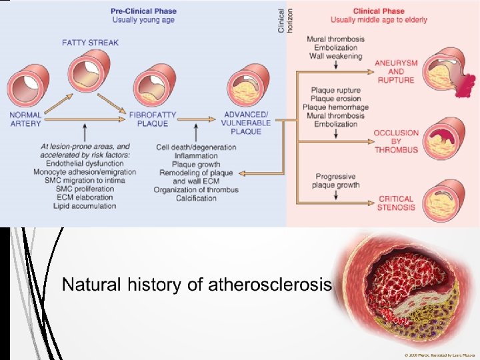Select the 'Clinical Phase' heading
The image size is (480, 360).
378,11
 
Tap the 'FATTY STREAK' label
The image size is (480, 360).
91,43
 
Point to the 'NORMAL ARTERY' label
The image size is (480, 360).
25,119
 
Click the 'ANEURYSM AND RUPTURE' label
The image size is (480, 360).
396,71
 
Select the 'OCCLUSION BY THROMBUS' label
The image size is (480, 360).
396,141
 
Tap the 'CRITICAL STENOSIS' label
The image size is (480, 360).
396,203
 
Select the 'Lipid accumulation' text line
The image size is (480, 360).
85,206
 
